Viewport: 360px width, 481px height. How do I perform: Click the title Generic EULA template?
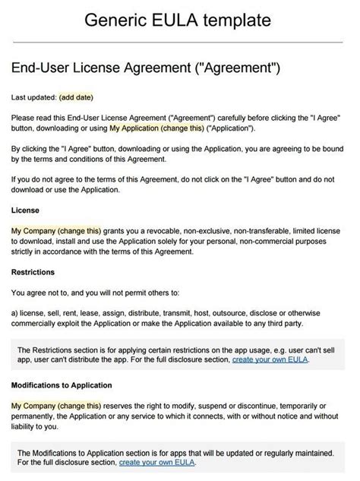click(x=180, y=20)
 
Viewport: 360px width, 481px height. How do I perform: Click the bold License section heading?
click(x=26, y=209)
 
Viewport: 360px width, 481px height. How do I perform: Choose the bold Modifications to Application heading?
click(x=62, y=385)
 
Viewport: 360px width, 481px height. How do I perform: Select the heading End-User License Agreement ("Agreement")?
click(x=147, y=69)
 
